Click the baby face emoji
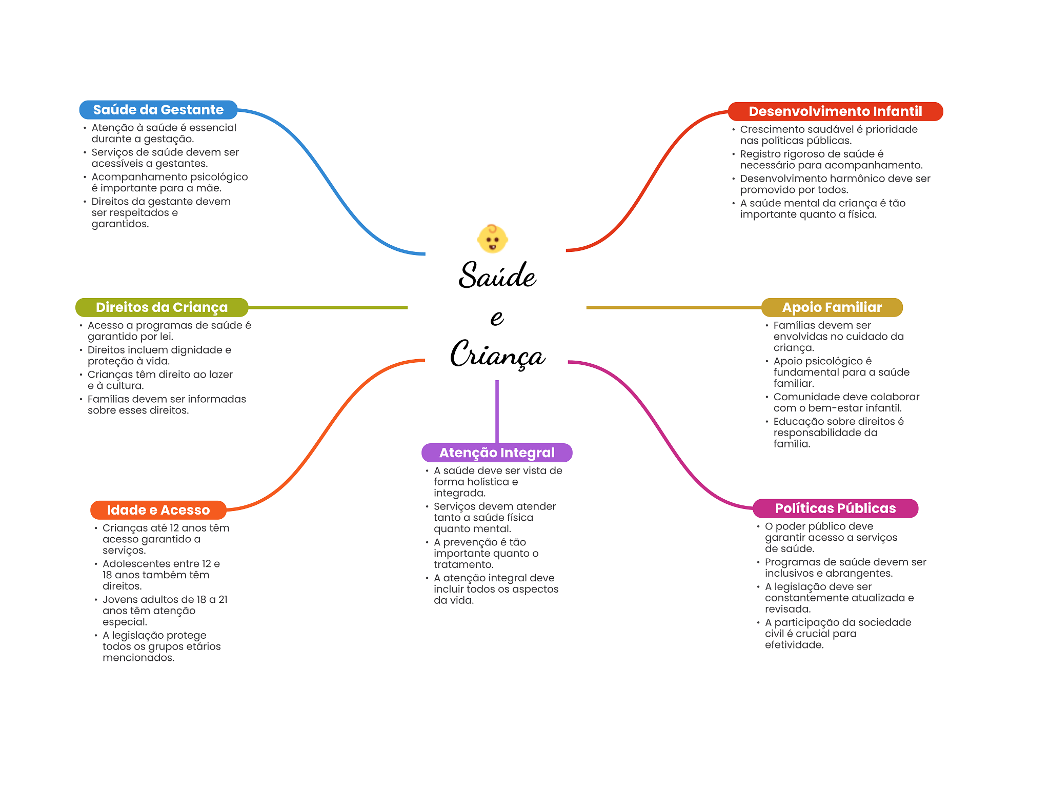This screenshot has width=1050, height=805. point(492,239)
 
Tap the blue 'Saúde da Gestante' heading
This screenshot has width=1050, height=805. point(158,110)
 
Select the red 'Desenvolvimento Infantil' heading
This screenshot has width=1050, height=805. point(835,111)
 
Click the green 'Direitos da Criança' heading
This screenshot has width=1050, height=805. point(161,307)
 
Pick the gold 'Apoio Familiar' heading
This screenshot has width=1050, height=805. point(832,307)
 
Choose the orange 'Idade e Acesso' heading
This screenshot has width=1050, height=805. point(158,510)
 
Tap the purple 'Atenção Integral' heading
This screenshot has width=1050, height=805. point(497,453)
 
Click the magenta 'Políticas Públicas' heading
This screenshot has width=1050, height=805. point(835,508)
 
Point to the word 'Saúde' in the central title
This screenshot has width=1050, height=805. point(497,275)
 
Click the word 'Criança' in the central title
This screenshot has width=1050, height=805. point(497,354)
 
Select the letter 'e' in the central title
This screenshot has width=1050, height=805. point(497,318)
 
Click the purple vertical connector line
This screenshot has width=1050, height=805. point(497,411)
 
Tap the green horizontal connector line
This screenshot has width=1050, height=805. point(328,307)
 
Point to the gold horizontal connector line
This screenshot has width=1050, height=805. point(674,307)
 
